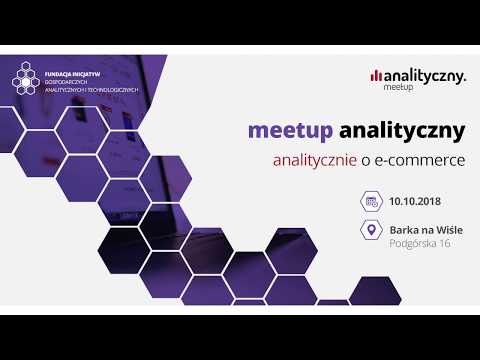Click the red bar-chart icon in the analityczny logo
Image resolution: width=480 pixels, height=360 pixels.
coord(375,74)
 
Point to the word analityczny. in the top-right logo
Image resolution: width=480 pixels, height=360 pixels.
coord(424,74)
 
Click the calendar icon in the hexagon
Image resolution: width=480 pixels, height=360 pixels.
coord(370,201)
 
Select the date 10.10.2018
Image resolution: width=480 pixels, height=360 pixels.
coord(417,201)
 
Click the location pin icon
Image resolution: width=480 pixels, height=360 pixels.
coord(370,233)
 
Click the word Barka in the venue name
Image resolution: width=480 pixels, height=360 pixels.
coord(404,228)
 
